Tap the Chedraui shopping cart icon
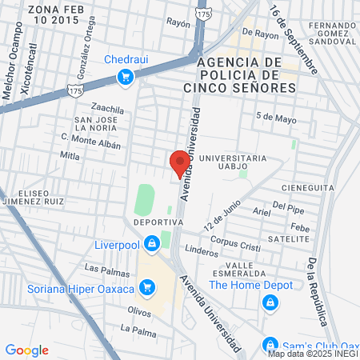point(125,77)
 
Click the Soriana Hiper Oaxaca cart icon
point(146,286)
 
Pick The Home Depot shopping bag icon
point(270,302)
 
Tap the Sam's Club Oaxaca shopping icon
point(270,346)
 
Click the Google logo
point(26,350)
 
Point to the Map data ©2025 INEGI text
point(313,353)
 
